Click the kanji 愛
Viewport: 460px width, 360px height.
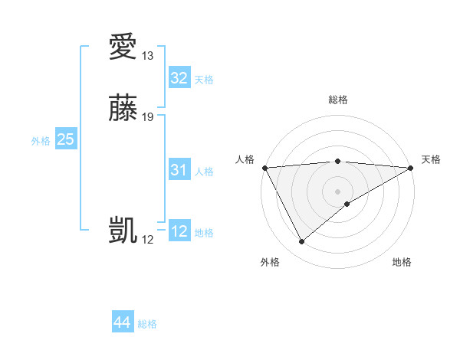point(123,47)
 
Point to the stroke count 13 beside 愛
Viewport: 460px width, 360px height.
point(148,56)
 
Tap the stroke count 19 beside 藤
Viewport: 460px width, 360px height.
point(148,117)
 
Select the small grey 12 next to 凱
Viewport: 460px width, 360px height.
point(148,240)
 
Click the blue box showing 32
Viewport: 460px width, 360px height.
point(179,78)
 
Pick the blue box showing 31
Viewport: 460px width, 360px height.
point(179,170)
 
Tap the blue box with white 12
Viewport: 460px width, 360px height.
point(179,231)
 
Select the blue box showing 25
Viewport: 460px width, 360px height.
point(65,139)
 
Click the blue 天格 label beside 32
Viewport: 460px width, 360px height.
point(204,80)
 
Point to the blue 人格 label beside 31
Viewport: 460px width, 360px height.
point(204,172)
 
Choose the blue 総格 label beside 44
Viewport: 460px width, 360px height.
point(147,324)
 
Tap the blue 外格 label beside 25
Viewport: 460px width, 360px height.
point(41,141)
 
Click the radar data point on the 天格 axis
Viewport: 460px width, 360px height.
point(411,168)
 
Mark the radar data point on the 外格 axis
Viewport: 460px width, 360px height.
point(301,242)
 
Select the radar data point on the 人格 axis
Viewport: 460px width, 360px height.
point(264,168)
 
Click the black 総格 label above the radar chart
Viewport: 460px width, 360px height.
point(337,100)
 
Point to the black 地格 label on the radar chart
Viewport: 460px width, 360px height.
point(402,263)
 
